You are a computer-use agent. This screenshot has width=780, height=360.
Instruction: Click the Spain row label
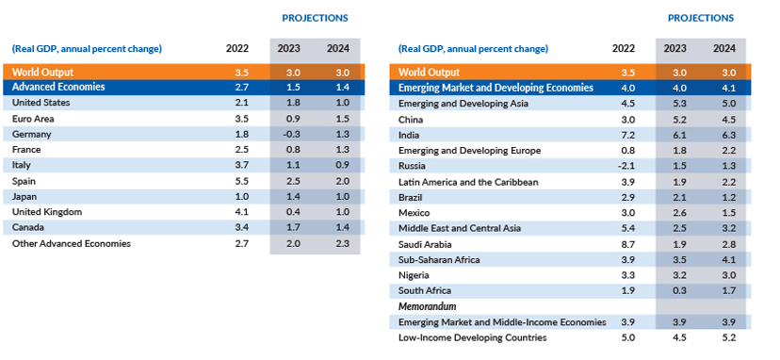click(x=24, y=181)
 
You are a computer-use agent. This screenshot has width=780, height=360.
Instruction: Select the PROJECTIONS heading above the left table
click(x=315, y=18)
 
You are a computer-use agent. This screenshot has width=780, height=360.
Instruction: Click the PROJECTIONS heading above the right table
click(x=701, y=18)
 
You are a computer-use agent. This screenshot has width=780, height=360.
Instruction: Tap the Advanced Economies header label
click(x=58, y=87)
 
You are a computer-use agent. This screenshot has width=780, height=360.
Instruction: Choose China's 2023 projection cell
click(x=679, y=120)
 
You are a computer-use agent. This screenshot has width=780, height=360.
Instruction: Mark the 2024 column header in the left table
click(x=338, y=49)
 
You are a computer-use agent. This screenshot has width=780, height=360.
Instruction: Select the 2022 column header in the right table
click(x=624, y=49)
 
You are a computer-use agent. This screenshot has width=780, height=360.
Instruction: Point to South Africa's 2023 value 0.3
click(x=679, y=290)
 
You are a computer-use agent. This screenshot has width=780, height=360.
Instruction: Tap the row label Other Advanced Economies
click(x=72, y=243)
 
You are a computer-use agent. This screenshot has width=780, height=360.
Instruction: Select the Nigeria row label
click(x=414, y=275)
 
